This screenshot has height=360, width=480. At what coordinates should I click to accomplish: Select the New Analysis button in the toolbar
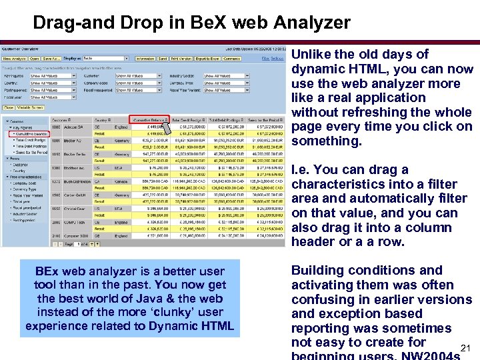click(14, 59)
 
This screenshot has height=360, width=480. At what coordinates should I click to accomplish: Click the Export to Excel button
click(207, 59)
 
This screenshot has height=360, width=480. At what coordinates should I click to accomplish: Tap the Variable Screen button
click(31, 107)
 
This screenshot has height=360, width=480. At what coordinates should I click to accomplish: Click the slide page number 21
click(467, 348)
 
